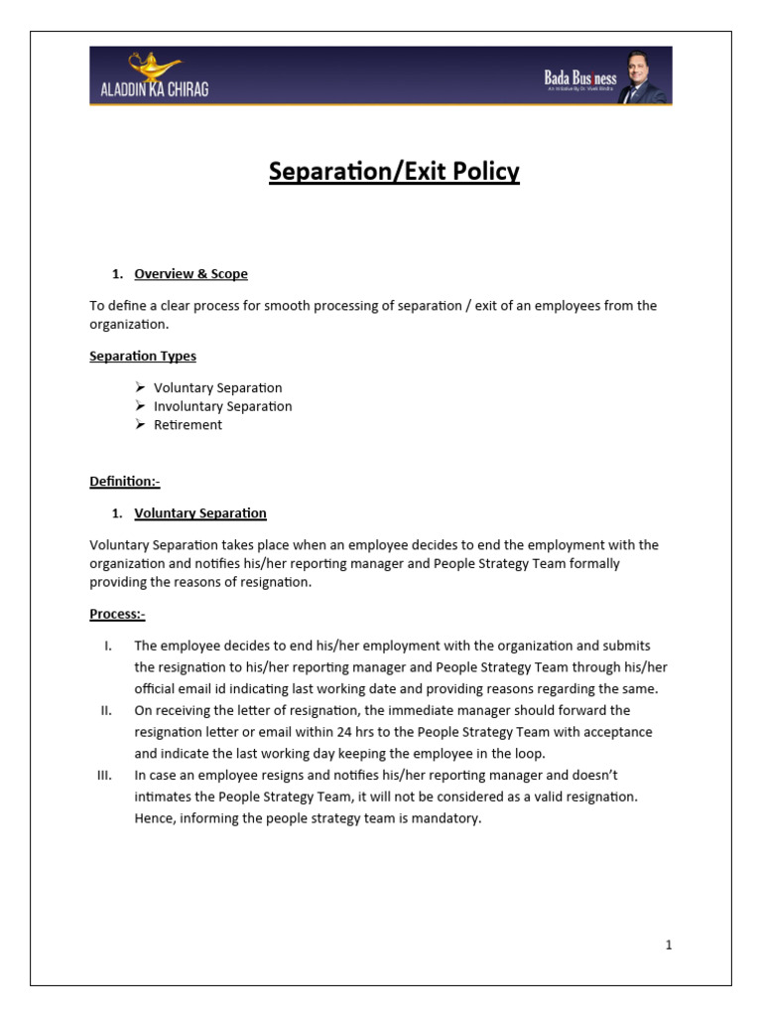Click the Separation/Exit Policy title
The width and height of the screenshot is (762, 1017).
[x=394, y=172]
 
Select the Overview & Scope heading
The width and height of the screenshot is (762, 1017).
[x=190, y=273]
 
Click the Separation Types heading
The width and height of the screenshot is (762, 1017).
[x=143, y=356]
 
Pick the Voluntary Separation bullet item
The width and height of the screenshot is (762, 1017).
[x=217, y=387]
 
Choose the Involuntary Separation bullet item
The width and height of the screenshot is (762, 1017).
[x=222, y=406]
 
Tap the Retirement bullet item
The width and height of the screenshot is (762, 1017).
[x=188, y=425]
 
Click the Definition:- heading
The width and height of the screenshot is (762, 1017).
[x=125, y=482]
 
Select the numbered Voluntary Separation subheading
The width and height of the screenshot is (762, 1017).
[x=199, y=513]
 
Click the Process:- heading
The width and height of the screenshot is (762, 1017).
[x=117, y=615]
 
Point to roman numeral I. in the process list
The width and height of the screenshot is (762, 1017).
[x=107, y=646]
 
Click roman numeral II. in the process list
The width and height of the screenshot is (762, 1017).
[x=106, y=710]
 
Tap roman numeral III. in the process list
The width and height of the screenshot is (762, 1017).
[x=105, y=775]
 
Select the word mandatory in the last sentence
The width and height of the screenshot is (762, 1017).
[x=447, y=819]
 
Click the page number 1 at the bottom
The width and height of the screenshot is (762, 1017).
[x=669, y=945]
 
